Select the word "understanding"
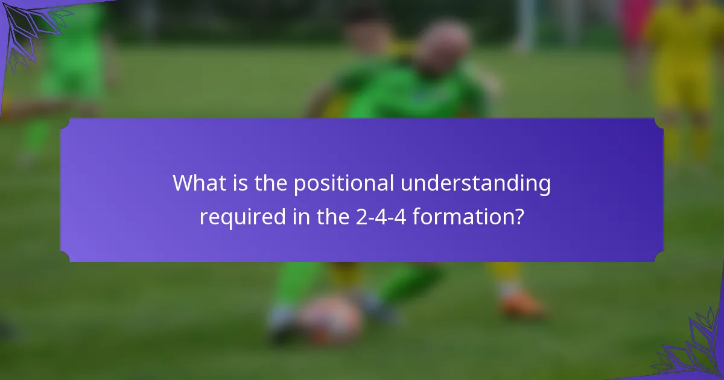[476, 183]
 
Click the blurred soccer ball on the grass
[329, 319]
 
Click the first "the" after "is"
[270, 183]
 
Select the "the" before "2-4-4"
[331, 216]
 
